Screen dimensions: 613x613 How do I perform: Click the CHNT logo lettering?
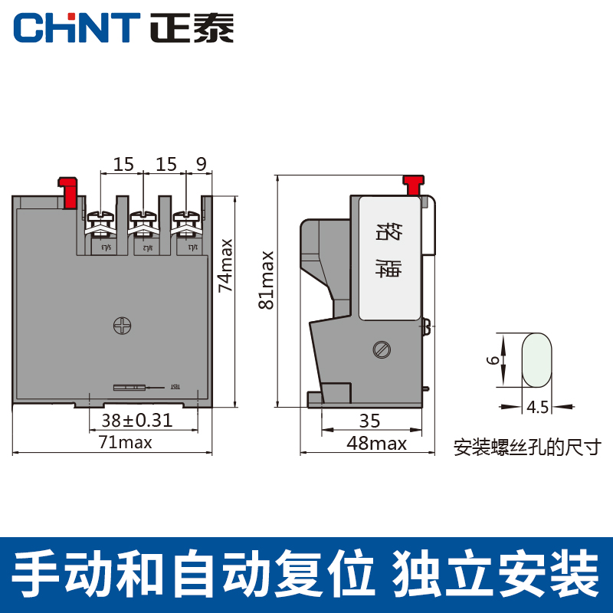75,28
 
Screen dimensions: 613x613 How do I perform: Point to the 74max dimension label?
225,264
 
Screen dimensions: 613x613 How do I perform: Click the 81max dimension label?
266,279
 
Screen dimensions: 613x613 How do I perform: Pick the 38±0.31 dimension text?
136,419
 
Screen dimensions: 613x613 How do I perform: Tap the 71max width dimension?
125,442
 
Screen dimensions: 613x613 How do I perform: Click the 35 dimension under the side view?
369,420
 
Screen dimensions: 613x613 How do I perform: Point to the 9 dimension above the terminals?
201,163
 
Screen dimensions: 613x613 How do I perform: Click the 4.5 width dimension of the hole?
538,407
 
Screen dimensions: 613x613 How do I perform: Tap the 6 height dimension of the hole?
496,359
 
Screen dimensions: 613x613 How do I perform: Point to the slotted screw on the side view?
382,349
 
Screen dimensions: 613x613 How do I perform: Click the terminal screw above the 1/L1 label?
184,220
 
